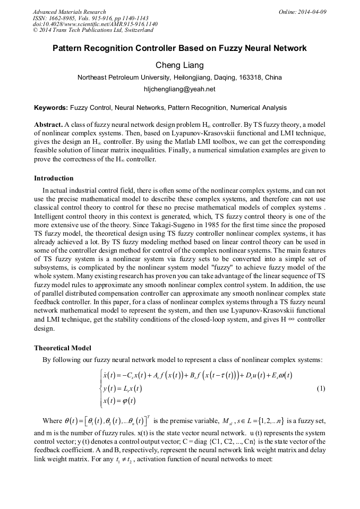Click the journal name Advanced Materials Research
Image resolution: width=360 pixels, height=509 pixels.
(69, 12)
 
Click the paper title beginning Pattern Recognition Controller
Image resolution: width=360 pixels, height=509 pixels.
(179, 48)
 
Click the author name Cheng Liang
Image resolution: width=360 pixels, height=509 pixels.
(179, 65)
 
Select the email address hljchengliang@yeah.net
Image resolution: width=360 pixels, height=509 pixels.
(179, 89)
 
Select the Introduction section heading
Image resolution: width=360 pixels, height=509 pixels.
(54, 178)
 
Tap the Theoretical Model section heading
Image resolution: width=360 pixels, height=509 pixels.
(63, 348)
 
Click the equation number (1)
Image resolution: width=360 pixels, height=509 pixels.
(321, 389)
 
